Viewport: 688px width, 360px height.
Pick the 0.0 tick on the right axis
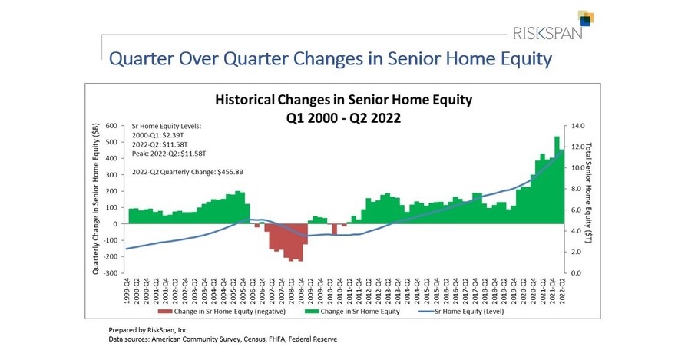click(574, 273)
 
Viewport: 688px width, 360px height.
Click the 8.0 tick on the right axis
click(574, 189)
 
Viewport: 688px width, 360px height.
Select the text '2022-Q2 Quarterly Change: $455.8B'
click(187, 173)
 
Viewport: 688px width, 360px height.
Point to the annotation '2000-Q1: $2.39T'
click(159, 134)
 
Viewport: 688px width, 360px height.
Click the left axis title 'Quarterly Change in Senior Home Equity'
click(96, 200)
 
